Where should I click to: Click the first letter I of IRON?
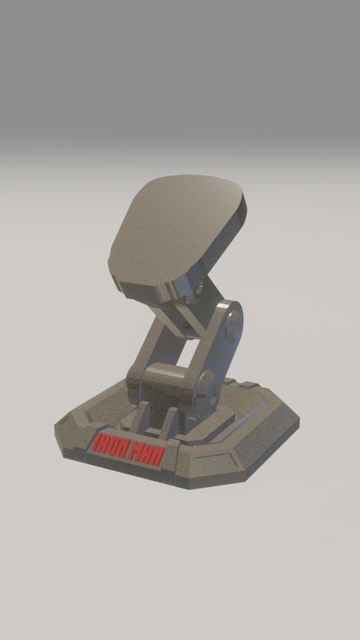point(96,441)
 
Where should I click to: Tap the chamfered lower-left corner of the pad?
point(120,284)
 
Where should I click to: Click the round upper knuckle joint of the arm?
point(233,329)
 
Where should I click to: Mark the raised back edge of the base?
point(248,386)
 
